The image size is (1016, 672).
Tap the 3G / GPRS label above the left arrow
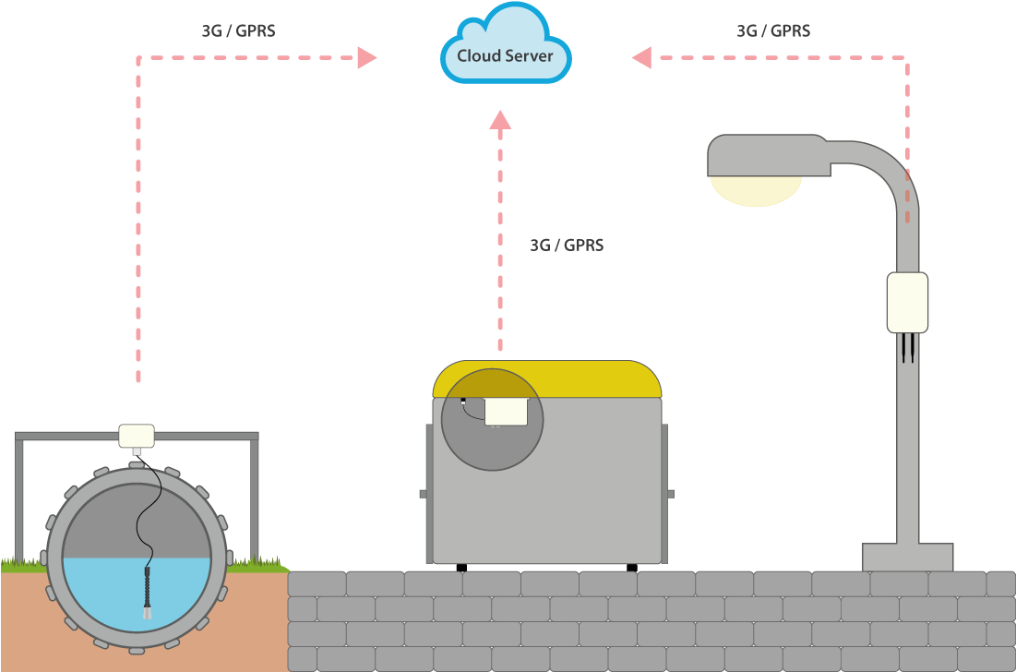pos(238,30)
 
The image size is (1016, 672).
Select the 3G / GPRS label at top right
pos(773,30)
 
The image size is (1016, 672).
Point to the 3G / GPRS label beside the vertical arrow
pos(567,246)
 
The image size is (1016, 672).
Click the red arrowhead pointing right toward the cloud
pos(367,58)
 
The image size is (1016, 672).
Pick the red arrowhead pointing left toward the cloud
pos(641,58)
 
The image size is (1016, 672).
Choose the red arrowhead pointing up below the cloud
pos(500,120)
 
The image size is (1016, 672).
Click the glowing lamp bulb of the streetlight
pos(756,190)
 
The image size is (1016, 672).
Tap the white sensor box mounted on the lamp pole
pos(907,302)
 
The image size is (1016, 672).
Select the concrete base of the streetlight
pos(907,557)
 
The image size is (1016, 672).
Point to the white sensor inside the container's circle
pos(506,411)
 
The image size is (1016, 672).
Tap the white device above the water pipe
pos(137,435)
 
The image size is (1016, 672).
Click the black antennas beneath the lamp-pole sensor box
pos(907,347)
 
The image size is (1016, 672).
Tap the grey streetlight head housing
pos(766,155)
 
